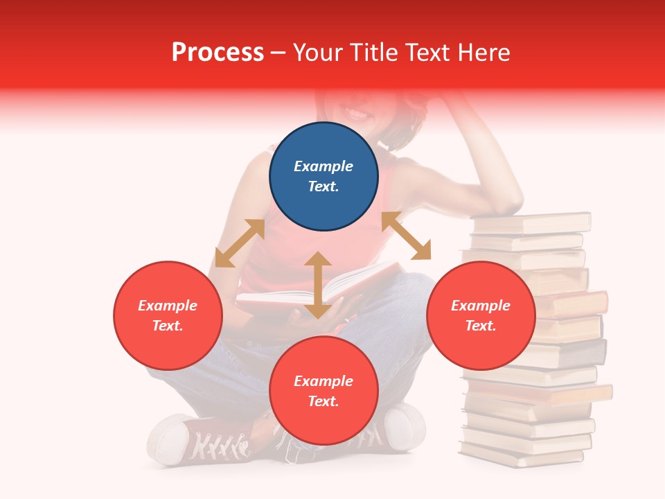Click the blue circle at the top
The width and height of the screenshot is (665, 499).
click(323, 177)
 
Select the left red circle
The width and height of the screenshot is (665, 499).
click(168, 315)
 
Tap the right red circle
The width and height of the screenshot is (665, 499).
click(481, 315)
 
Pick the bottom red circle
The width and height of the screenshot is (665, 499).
click(323, 391)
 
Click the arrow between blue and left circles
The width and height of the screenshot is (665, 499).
click(240, 243)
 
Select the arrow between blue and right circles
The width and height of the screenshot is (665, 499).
click(407, 236)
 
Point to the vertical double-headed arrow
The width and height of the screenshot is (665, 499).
click(318, 285)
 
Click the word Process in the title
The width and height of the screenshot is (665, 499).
click(218, 53)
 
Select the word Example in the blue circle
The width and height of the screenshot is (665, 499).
click(323, 166)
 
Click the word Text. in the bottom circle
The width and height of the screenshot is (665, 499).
click(323, 401)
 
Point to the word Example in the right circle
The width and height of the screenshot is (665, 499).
click(481, 306)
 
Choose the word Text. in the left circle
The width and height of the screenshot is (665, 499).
click(168, 326)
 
